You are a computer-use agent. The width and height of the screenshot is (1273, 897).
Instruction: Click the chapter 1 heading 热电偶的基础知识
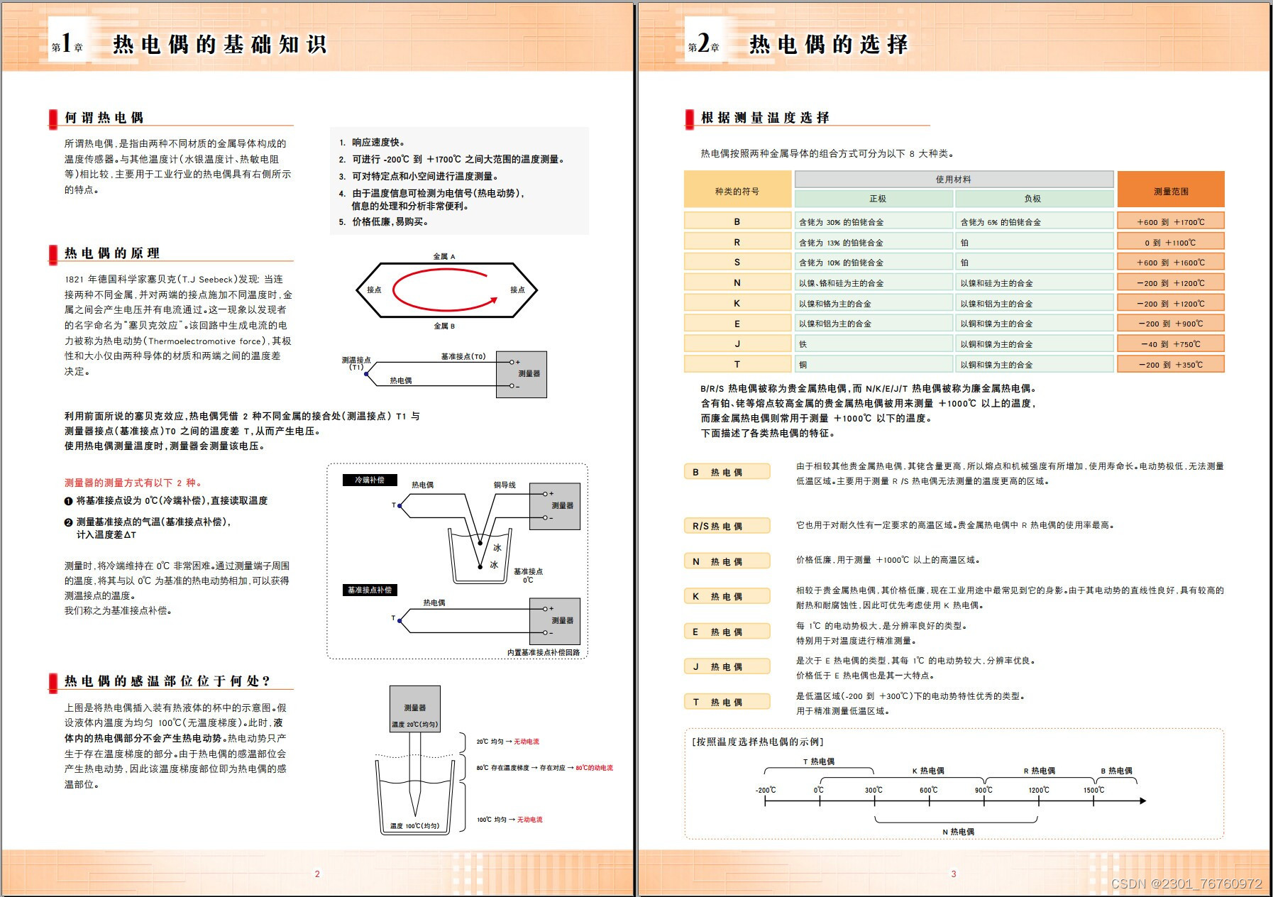(x=219, y=45)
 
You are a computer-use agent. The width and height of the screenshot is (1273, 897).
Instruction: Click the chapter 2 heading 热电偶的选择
(x=828, y=45)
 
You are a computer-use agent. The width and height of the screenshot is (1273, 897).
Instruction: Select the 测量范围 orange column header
(x=1170, y=191)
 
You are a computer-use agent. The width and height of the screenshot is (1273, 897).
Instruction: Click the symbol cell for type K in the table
(x=737, y=303)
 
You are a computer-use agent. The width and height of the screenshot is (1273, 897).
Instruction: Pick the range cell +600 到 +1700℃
(x=1170, y=222)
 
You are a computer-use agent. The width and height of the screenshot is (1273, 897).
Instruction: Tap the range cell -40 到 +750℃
(x=1170, y=344)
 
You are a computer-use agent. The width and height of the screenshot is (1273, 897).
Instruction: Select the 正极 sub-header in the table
(x=877, y=199)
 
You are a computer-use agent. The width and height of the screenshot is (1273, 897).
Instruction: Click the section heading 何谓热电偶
(x=104, y=118)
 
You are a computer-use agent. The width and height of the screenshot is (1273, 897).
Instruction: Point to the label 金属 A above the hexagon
(x=444, y=256)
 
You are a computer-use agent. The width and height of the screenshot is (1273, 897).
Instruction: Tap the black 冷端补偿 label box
(x=370, y=480)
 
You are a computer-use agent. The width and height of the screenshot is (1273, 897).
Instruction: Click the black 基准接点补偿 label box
(x=370, y=590)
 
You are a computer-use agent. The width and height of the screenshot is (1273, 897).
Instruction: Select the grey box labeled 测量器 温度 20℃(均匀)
(x=414, y=709)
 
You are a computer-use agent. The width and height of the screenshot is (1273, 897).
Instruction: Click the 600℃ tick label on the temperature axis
(x=928, y=790)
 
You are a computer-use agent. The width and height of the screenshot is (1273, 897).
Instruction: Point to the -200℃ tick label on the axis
(x=765, y=790)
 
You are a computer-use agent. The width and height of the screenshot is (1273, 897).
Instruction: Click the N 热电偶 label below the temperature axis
(x=958, y=832)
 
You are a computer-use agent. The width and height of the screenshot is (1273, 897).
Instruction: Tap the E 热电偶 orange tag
(x=727, y=632)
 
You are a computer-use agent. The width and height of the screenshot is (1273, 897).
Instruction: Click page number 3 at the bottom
(x=953, y=874)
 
